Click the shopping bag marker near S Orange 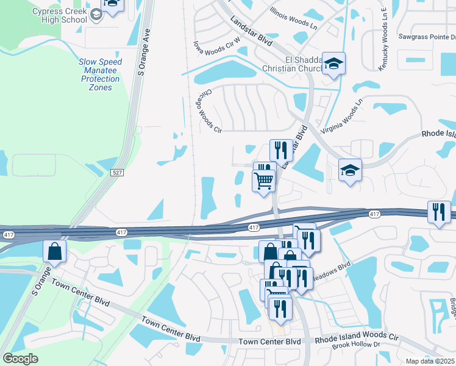(x=55, y=251)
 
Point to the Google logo (x=20, y=358)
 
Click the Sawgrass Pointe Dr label (x=427, y=37)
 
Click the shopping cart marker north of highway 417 (x=263, y=180)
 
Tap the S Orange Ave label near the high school (x=144, y=55)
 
